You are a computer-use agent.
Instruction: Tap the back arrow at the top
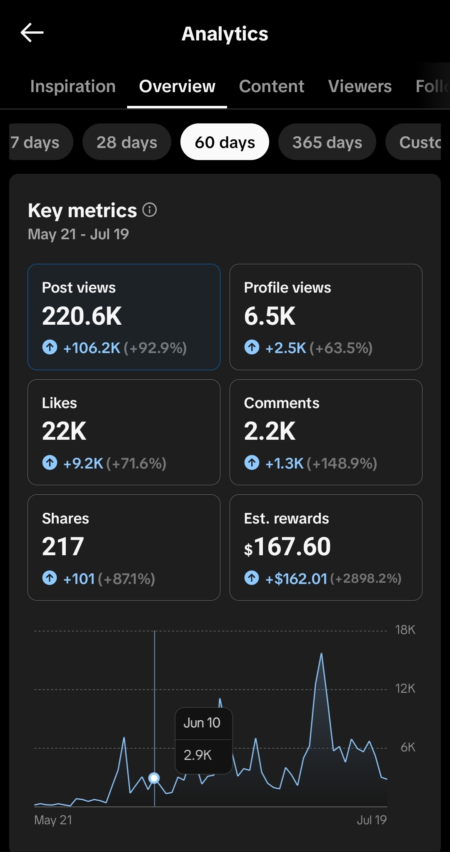click(x=32, y=33)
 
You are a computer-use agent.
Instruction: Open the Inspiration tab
click(x=73, y=86)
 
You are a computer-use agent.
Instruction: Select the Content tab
click(x=272, y=86)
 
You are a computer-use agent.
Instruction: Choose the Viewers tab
click(x=360, y=86)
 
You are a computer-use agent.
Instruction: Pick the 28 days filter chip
click(x=127, y=142)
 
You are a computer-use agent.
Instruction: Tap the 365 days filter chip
click(x=327, y=142)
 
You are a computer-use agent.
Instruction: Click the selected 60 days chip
click(x=225, y=142)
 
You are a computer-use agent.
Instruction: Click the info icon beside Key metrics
click(x=150, y=210)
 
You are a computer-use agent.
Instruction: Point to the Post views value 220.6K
click(x=82, y=316)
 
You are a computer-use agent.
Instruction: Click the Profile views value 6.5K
click(x=270, y=316)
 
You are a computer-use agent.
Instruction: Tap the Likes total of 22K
click(x=64, y=431)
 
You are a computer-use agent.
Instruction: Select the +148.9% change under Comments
click(x=342, y=463)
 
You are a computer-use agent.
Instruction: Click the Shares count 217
click(x=63, y=546)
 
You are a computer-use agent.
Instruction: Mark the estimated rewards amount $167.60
click(x=287, y=546)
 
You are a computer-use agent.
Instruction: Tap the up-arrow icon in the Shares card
click(x=50, y=578)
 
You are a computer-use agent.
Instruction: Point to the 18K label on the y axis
click(x=405, y=630)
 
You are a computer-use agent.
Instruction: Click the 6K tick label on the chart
click(x=408, y=747)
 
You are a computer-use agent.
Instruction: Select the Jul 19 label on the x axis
click(x=372, y=820)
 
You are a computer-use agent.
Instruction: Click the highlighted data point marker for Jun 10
click(x=154, y=778)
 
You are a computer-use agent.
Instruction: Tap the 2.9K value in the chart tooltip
click(x=197, y=755)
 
